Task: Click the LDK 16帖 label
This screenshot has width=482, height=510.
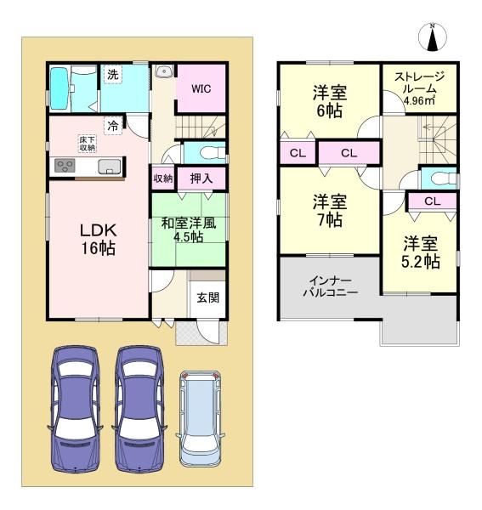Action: click(x=98, y=240)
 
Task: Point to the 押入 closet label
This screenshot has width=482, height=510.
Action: click(x=201, y=178)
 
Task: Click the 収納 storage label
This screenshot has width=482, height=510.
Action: click(x=163, y=178)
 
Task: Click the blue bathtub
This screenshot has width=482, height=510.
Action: click(x=61, y=88)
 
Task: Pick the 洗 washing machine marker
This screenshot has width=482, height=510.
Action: click(x=112, y=74)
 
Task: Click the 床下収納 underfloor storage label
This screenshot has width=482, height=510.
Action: click(x=87, y=143)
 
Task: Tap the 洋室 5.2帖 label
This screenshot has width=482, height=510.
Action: click(x=421, y=252)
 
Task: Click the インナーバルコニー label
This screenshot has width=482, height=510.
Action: click(x=330, y=286)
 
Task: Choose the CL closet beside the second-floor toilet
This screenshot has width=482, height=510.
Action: click(x=431, y=201)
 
